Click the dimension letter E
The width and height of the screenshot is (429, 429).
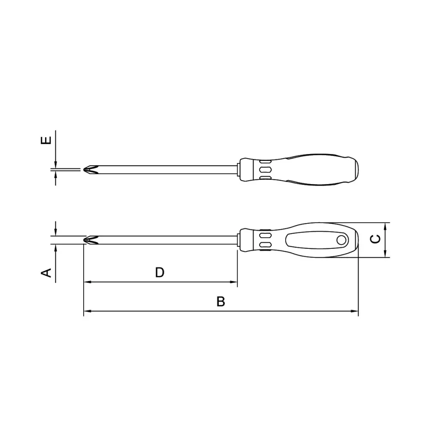pos(46,140)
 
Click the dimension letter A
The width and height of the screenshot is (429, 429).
pos(46,272)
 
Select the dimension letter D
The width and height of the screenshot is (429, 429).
pos(160,272)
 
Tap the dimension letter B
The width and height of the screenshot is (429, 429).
pos(221,301)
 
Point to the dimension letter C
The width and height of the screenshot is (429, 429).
pos(375,239)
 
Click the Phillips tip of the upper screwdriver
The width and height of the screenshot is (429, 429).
pos(91,169)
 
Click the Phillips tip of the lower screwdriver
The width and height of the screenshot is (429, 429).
pos(91,240)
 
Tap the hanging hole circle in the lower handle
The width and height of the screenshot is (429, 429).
pos(341,240)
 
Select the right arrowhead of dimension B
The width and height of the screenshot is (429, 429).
pos(355,311)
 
